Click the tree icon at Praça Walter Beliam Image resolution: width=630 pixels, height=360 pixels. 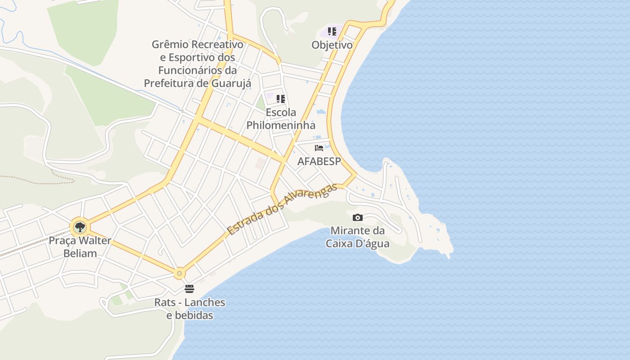click(80, 227)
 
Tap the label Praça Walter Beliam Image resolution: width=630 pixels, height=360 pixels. click(80, 247)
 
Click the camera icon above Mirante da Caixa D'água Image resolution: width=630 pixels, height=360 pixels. click(358, 217)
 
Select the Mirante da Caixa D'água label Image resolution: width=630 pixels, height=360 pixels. click(358, 237)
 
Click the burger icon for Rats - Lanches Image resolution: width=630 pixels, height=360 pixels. click(189, 288)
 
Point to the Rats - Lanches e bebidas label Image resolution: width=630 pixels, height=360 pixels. click(189, 308)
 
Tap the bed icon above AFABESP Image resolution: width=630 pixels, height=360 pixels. click(319, 148)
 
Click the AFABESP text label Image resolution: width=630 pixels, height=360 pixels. click(319, 161)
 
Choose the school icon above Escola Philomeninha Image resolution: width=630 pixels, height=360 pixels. click(281, 99)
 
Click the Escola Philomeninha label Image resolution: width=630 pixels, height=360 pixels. click(281, 119)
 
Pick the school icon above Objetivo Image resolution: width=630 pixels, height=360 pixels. click(332, 31)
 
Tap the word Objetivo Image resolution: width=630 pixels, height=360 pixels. click(332, 45)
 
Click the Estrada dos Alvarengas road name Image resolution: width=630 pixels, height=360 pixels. click(282, 209)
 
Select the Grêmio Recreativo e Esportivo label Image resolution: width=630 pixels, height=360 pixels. click(198, 63)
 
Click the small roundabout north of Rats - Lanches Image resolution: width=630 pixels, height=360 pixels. click(180, 273)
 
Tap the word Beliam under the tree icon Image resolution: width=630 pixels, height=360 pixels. click(80, 253)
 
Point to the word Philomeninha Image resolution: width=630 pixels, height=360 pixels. click(281, 125)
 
